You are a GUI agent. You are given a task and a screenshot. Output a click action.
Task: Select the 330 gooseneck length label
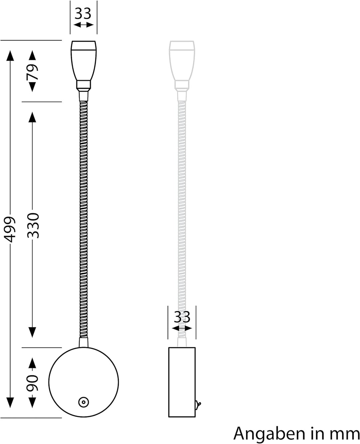click(33, 225)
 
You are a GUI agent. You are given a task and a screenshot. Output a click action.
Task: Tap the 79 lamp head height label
click(32, 72)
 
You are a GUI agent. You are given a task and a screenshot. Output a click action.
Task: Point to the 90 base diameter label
click(32, 383)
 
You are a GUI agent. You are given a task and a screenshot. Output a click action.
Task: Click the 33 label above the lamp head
click(83, 14)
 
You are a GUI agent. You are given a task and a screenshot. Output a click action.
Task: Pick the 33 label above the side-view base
click(182, 317)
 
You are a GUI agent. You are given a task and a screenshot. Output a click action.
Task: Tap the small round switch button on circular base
click(83, 402)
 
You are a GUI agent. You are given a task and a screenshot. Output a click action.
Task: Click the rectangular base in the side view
click(182, 382)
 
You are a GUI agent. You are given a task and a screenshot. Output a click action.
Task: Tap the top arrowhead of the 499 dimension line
click(10, 55)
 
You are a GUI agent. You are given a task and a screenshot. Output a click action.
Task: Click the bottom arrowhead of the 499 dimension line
click(10, 402)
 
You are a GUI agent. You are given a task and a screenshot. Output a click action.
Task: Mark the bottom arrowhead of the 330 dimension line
click(32, 332)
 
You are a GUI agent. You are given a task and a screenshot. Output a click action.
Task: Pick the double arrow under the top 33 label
click(83, 25)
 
